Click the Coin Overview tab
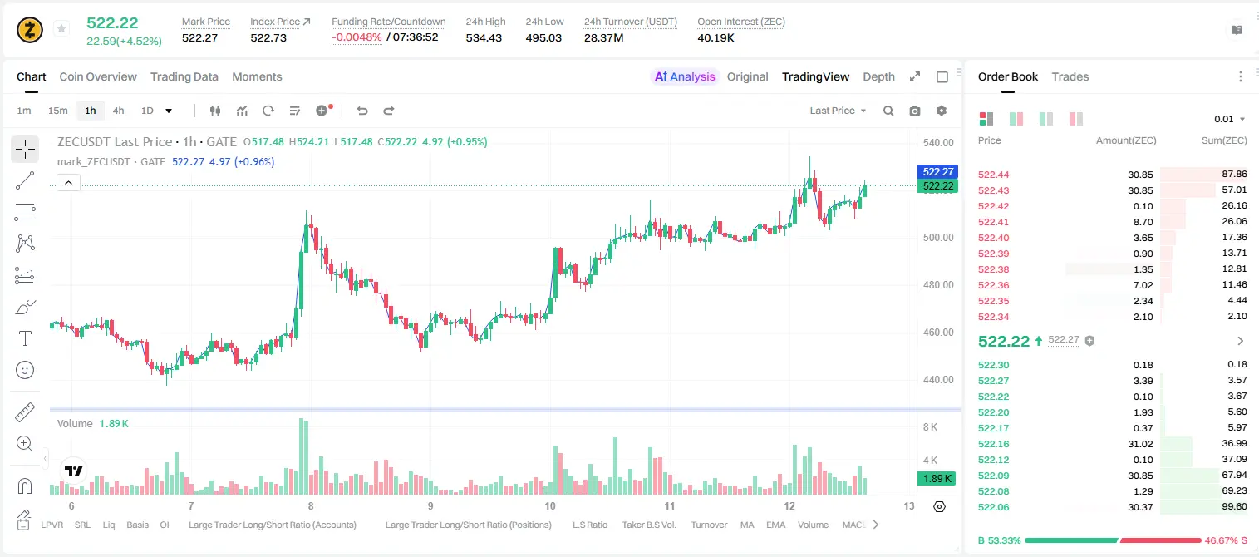coord(98,76)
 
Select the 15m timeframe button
coord(57,111)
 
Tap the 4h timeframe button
coord(118,111)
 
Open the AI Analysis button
coord(685,76)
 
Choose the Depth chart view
coord(878,76)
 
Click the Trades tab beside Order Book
coord(1070,76)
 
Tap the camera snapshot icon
coord(915,111)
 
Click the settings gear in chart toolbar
coord(942,111)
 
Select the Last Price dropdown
coord(838,111)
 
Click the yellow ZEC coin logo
coord(30,30)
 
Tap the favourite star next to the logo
coord(61,28)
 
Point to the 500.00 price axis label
coord(938,237)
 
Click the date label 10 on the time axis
coord(549,505)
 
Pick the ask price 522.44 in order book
coord(993,175)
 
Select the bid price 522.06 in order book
coord(993,507)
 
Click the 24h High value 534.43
coord(484,37)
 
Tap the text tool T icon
coord(25,338)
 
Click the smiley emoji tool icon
coord(25,370)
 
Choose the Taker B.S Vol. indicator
coord(648,525)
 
